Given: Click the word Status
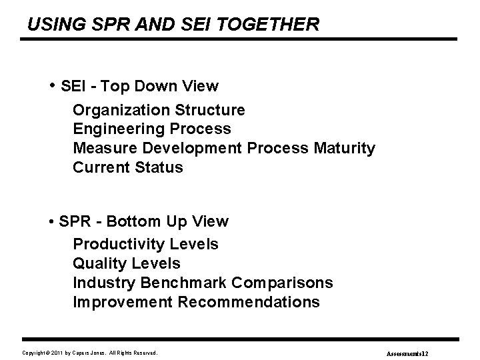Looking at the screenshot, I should tap(159, 167).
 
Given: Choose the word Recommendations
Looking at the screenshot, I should tap(249, 302).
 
